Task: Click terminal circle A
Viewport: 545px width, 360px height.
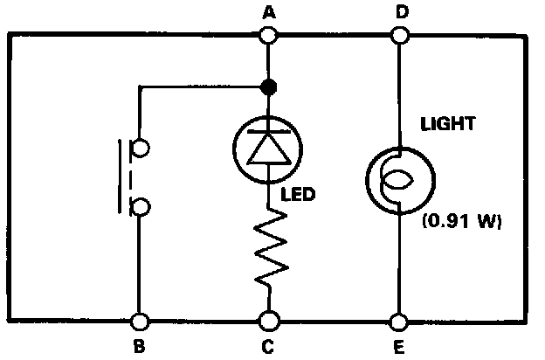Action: pyautogui.click(x=268, y=35)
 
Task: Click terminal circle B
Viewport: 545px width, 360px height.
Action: pyautogui.click(x=138, y=322)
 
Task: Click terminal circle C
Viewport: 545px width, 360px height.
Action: pyautogui.click(x=268, y=322)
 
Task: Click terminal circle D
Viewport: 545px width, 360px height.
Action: pyautogui.click(x=399, y=35)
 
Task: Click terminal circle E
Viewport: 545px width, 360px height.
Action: pyautogui.click(x=399, y=322)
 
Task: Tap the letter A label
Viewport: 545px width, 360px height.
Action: pyautogui.click(x=268, y=12)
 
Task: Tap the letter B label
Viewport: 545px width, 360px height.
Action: pyautogui.click(x=138, y=347)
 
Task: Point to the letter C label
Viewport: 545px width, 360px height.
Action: pyautogui.click(x=268, y=347)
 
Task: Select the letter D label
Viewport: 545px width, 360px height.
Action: pyautogui.click(x=400, y=12)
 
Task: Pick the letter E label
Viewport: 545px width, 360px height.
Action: pyautogui.click(x=399, y=347)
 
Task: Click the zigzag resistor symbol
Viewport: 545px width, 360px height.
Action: pyautogui.click(x=268, y=252)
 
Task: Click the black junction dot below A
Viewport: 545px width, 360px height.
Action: pyautogui.click(x=268, y=87)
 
